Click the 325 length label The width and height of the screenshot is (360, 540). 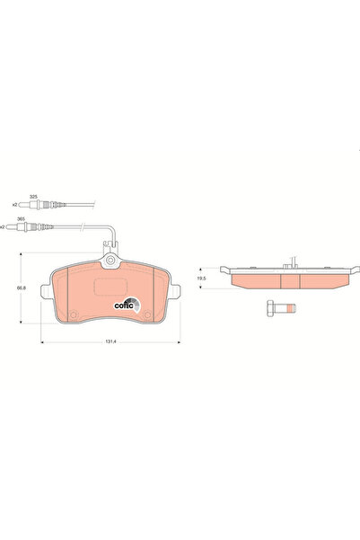33,197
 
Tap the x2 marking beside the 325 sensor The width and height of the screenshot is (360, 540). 14,206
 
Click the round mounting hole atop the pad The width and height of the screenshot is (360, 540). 111,262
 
